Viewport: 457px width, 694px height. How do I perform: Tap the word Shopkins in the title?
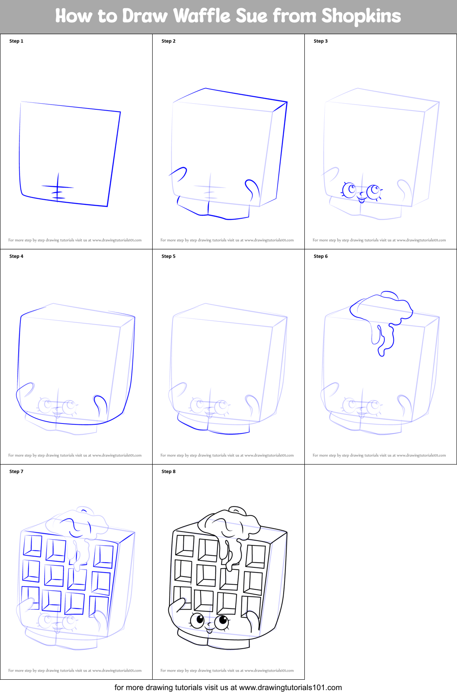click(x=361, y=16)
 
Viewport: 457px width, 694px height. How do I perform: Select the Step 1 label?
click(x=16, y=41)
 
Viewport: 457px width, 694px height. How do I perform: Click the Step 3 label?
click(x=320, y=41)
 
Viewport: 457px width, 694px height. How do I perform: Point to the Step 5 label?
click(x=168, y=256)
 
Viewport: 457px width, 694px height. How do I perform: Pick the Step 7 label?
click(x=16, y=471)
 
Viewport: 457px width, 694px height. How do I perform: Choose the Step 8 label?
click(x=168, y=471)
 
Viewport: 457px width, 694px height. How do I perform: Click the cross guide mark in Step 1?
click(x=58, y=188)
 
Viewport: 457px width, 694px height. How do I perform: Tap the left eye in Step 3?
click(x=349, y=189)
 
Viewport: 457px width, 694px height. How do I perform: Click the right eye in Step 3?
click(x=373, y=191)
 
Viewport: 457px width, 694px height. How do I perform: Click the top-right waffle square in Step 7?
click(x=104, y=556)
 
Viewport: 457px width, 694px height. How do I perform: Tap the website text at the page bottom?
click(x=228, y=688)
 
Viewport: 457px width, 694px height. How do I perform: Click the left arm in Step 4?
click(x=25, y=391)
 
